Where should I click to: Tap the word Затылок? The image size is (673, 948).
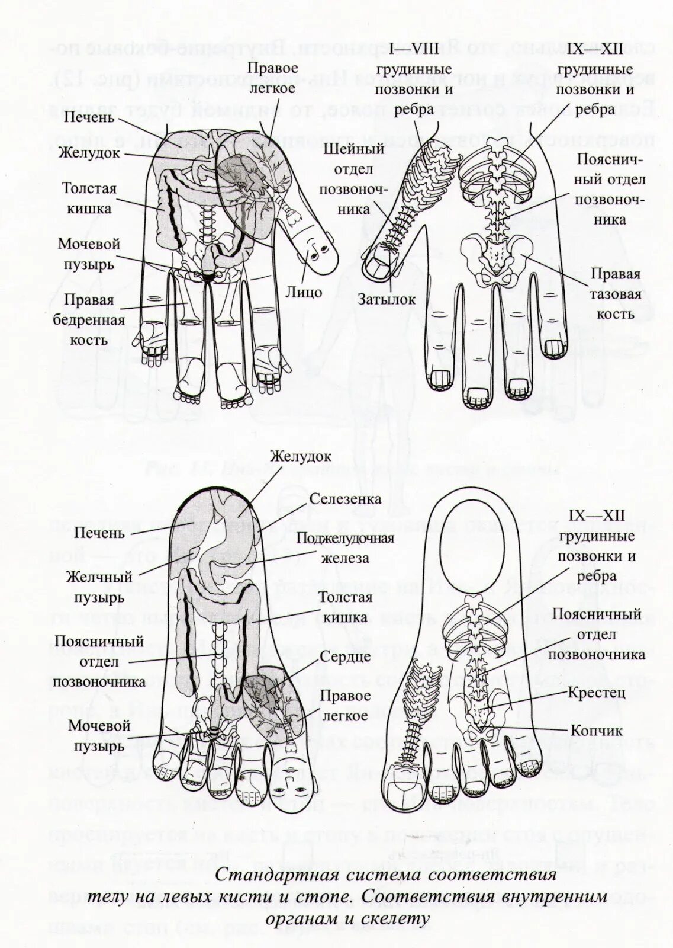(x=387, y=300)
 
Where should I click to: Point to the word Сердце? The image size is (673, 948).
(x=346, y=656)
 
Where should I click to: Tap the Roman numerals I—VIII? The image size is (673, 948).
(x=414, y=49)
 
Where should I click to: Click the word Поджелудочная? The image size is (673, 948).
(x=346, y=538)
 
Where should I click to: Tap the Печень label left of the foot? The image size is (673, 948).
(x=99, y=533)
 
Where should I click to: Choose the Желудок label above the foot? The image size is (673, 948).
(x=300, y=457)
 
